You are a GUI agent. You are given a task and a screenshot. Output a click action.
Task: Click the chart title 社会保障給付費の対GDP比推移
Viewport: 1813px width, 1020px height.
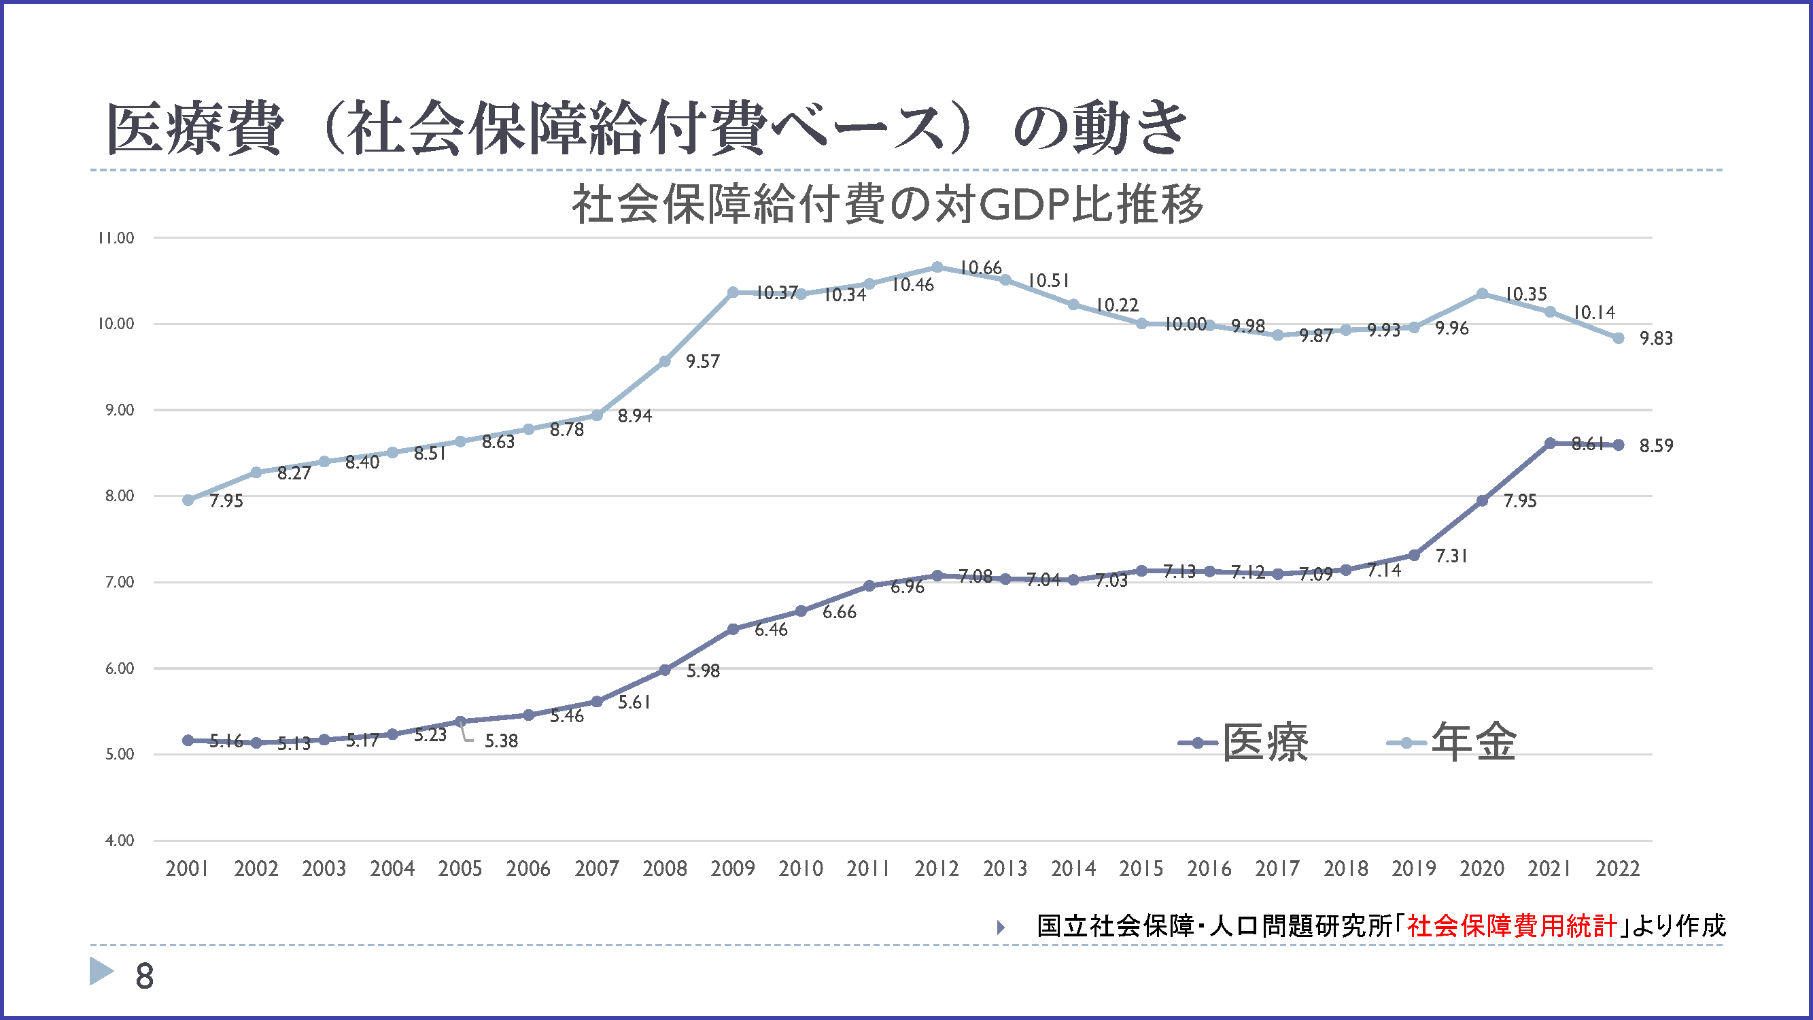pos(888,205)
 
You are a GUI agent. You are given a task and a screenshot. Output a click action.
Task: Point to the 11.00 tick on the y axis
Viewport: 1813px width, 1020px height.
pos(116,238)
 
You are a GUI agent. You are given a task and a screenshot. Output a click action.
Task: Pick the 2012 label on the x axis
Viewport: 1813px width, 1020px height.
pos(937,868)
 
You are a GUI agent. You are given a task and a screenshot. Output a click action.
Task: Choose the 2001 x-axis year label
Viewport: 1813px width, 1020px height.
pos(187,868)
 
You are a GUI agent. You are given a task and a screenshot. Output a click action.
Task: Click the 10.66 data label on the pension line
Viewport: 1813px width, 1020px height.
pos(980,268)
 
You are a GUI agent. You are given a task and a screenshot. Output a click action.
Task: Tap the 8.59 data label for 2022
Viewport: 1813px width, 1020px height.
pos(1656,445)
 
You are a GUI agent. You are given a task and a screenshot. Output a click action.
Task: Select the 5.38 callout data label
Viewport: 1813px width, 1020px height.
pos(501,741)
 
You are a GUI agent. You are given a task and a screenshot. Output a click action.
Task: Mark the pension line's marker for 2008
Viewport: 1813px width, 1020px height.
pos(665,361)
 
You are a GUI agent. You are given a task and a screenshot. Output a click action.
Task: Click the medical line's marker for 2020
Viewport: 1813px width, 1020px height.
pos(1482,500)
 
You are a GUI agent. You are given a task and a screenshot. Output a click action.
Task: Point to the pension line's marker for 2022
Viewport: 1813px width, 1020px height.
pos(1619,338)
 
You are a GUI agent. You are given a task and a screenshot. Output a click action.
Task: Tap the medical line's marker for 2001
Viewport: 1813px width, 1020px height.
pos(188,741)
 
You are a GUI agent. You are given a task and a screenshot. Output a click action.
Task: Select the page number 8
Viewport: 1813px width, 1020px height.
pos(144,976)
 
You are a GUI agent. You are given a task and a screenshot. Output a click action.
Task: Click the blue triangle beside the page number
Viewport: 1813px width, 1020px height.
pos(101,971)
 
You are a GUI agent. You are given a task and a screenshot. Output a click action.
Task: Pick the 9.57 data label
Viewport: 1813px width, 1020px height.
pos(703,362)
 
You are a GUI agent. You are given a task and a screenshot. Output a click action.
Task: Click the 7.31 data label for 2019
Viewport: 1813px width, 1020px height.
pos(1451,556)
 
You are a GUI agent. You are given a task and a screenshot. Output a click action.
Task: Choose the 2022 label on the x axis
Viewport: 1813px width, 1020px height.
pos(1618,868)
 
